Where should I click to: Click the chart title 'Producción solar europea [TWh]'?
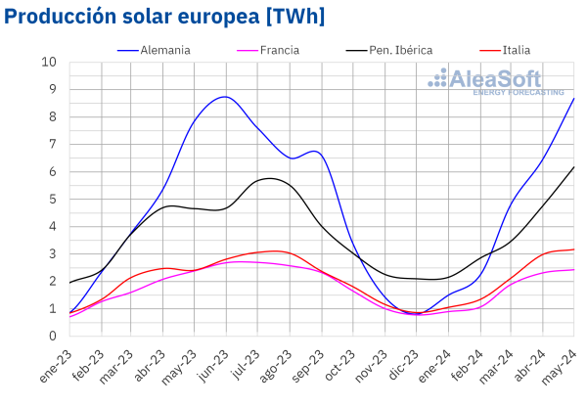coord(164,17)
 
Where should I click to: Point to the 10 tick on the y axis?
coord(49,63)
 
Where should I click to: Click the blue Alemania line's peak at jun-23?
coord(226,97)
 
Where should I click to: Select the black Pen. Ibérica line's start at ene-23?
coord(70,283)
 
